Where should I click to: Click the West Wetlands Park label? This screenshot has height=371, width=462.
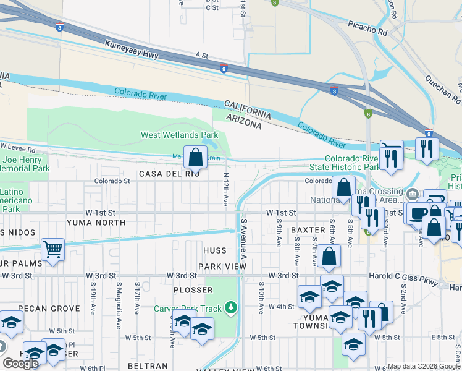(179, 135)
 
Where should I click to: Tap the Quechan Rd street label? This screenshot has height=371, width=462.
(443, 89)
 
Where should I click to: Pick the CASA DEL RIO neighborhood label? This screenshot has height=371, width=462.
(169, 174)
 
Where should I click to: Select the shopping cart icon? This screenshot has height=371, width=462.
(53, 250)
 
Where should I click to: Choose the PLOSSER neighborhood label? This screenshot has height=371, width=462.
(193, 290)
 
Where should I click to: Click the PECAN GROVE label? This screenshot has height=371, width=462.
(49, 308)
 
